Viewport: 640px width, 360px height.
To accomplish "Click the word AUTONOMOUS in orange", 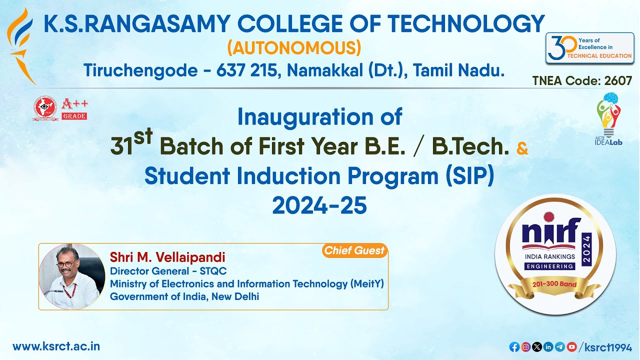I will tap(294, 48).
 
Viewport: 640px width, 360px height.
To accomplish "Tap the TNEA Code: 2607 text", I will tap(582, 80).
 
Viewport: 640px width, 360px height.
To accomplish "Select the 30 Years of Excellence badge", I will tap(589, 48).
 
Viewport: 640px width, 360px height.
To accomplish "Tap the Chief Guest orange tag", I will tap(354, 250).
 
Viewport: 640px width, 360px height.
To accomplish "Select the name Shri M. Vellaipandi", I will tap(167, 257).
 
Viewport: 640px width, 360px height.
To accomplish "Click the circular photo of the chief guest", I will tap(72, 276).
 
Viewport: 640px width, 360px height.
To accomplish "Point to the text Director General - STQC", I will tap(168, 271).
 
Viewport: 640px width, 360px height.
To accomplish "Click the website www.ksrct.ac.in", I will tap(56, 346).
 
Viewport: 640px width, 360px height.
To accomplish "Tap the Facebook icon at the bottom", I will tap(514, 346).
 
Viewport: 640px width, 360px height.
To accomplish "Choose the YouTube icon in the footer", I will tap(571, 346).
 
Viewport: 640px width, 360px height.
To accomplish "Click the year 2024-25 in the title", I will tap(319, 205).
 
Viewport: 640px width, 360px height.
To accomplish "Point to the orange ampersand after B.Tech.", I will tap(521, 148).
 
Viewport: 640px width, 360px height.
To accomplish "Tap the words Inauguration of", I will tap(319, 117).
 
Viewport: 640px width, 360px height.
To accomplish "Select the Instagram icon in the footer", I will tap(525, 346).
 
